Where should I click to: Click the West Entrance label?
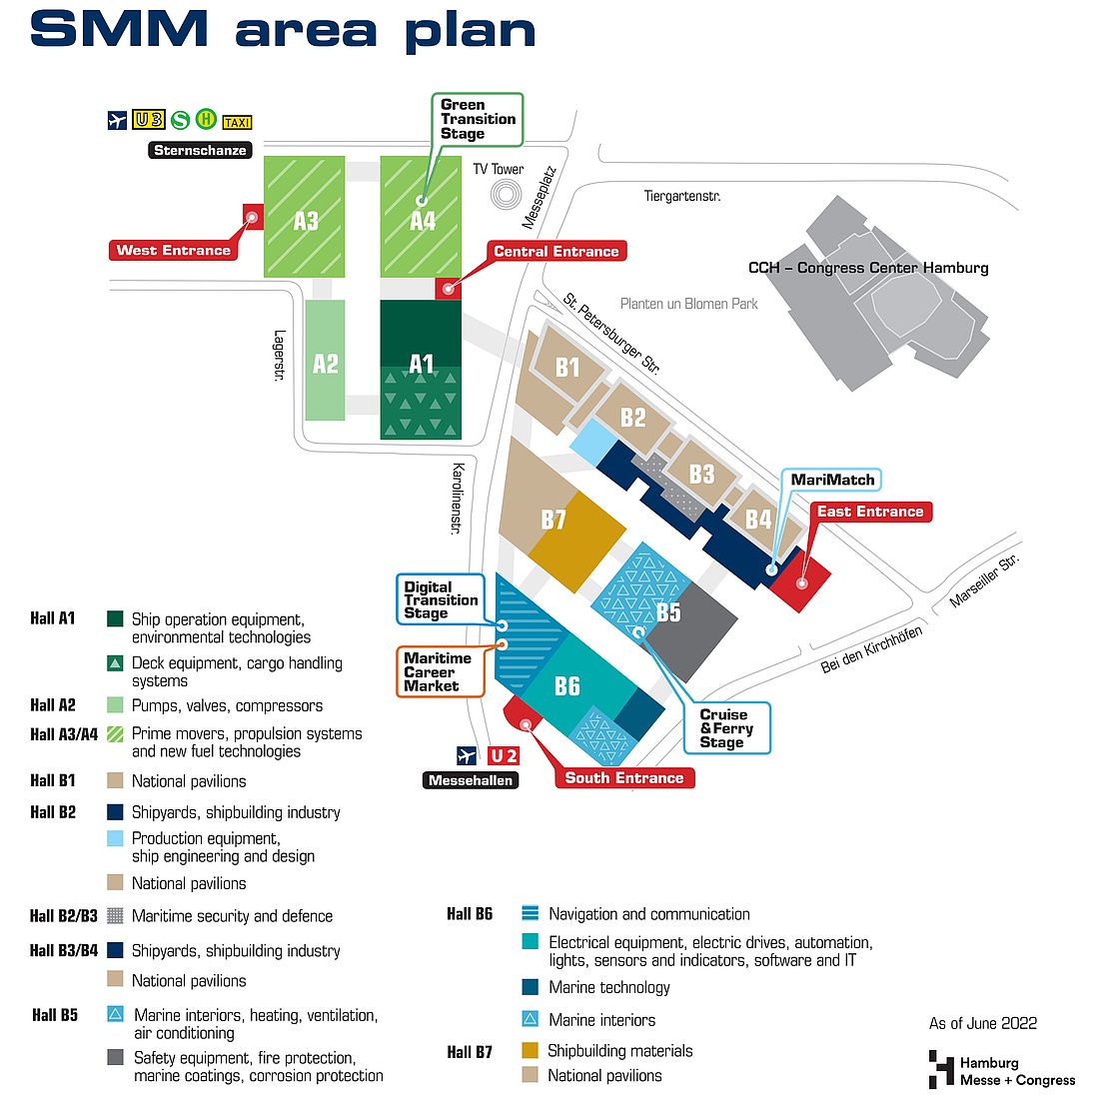click(173, 250)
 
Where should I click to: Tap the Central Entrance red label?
click(555, 251)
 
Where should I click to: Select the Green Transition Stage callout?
click(478, 119)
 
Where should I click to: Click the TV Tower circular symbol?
click(506, 194)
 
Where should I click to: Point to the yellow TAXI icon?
click(237, 122)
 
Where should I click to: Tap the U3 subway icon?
click(149, 120)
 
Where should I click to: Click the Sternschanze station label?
click(200, 150)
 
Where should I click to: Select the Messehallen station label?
click(471, 780)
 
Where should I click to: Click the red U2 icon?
click(504, 755)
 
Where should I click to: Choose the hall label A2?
click(326, 364)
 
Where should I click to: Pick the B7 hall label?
click(553, 520)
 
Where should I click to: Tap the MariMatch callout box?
click(832, 480)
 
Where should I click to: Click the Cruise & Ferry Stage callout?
click(726, 728)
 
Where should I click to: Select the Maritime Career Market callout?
click(441, 671)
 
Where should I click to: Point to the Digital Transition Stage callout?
click(441, 599)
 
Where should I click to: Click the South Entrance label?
click(623, 777)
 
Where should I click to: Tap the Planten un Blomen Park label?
click(689, 304)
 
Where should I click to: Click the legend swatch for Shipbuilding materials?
click(530, 1050)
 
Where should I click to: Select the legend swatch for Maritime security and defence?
click(115, 915)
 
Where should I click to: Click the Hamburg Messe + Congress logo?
click(1001, 1070)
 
